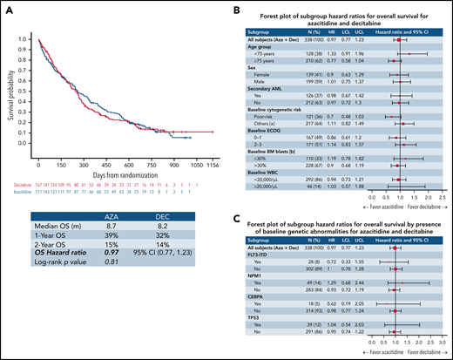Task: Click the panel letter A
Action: [6, 7]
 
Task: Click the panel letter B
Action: [236, 7]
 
